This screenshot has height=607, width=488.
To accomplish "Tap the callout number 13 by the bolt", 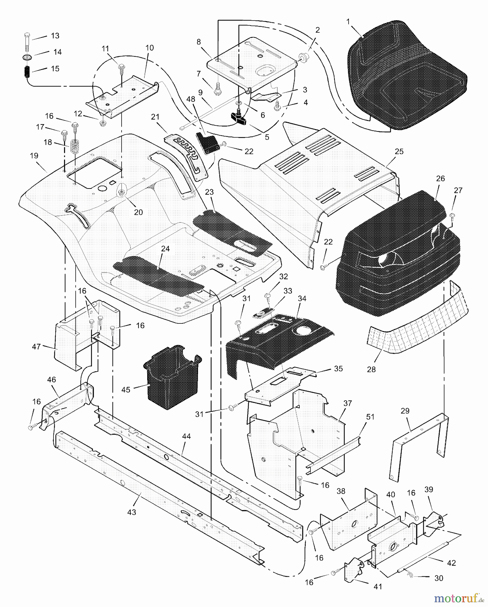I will coord(55,36).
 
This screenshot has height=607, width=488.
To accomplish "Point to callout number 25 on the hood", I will coord(399,151).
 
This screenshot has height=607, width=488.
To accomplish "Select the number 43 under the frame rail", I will coord(132,512).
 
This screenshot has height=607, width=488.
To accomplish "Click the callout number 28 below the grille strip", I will coord(371,369).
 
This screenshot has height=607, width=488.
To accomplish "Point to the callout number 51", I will coord(370,417).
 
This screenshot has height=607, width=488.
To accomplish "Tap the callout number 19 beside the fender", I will coord(34,156).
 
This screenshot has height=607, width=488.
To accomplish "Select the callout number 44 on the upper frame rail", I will coord(186,436).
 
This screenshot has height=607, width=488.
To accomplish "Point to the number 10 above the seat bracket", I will coord(150,48).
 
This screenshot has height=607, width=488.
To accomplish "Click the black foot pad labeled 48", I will coord(206,143).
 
